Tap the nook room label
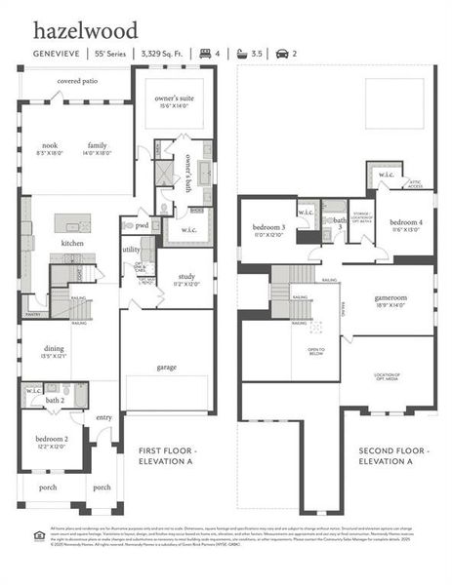49,145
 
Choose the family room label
97,145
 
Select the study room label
187,279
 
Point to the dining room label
55,351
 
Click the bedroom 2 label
53,439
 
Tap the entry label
104,417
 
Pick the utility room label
132,250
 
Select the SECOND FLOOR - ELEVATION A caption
393,455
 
